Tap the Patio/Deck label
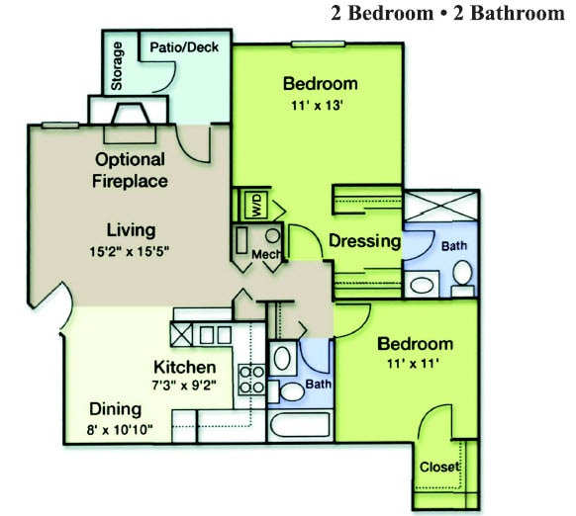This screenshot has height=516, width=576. [184, 46]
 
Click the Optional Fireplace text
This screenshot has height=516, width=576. [130, 170]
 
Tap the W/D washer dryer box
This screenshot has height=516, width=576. [255, 206]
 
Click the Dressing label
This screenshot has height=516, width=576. [364, 240]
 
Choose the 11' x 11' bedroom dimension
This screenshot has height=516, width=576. [415, 364]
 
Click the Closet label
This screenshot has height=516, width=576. [439, 467]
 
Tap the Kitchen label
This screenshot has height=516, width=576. [184, 367]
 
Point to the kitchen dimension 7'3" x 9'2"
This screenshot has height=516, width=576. [184, 386]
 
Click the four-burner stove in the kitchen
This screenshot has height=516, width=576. [251, 379]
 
